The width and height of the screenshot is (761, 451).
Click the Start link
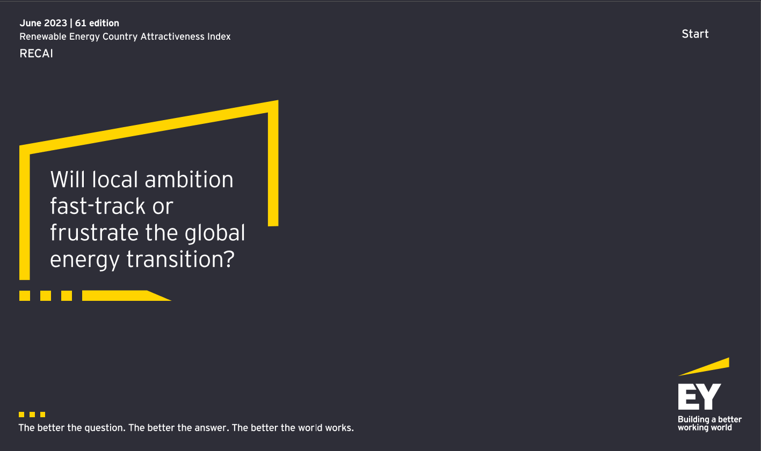click(695, 34)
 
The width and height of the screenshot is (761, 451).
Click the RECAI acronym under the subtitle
click(36, 54)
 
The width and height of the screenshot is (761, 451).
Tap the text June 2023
click(43, 23)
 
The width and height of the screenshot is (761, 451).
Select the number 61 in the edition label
click(81, 23)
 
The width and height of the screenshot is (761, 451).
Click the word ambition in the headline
click(189, 180)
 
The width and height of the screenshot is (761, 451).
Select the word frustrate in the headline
click(95, 233)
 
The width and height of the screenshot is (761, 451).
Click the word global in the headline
click(215, 233)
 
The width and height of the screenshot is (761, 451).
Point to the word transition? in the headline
click(180, 259)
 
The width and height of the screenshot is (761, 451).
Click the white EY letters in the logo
click(699, 397)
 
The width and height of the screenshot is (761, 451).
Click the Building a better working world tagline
click(709, 424)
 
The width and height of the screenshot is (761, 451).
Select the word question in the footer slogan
click(105, 428)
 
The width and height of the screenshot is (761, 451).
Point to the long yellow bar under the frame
click(126, 295)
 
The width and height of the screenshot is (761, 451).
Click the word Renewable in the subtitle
click(43, 36)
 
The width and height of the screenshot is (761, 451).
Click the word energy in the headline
click(85, 260)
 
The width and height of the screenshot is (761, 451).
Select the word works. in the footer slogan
click(339, 428)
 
